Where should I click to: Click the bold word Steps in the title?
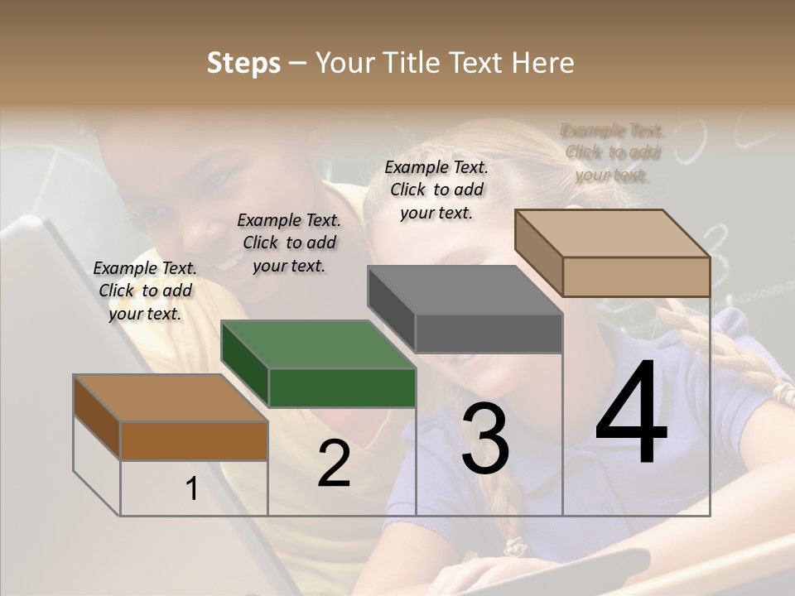(243, 63)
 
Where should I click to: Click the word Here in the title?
(542, 63)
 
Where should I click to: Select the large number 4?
(631, 414)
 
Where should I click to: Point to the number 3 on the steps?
(484, 439)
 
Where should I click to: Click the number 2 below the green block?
(334, 464)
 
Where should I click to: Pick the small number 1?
(192, 489)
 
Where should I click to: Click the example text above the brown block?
(145, 291)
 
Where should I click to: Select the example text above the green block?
(289, 243)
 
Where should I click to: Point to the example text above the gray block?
(436, 190)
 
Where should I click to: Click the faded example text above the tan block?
(613, 152)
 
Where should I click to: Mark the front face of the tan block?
(636, 276)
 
